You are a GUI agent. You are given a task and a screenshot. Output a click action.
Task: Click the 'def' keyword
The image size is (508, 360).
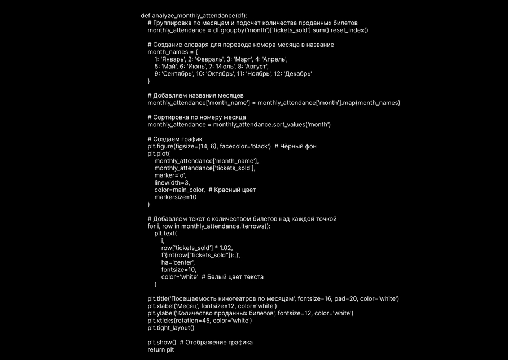146,15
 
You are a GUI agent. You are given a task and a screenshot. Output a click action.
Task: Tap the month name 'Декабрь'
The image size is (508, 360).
298,73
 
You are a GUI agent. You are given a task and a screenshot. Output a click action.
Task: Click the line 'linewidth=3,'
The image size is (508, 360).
172,183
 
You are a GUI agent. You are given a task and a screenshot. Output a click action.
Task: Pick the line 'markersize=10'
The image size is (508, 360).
176,197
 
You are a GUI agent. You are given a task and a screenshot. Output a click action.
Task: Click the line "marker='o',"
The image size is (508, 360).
170,175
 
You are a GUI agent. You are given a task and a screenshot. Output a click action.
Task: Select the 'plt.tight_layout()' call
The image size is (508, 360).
171,328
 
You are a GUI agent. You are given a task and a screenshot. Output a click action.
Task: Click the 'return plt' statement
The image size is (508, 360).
161,350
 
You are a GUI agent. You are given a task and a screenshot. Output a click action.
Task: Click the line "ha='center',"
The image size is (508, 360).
178,262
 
